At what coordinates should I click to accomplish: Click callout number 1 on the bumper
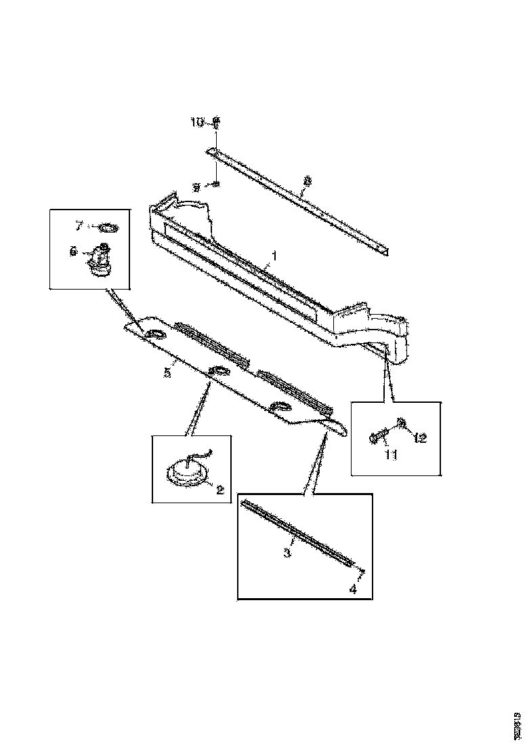[274, 256]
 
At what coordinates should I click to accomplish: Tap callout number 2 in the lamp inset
[219, 488]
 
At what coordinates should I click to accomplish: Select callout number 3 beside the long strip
[287, 553]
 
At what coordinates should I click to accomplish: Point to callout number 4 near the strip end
[352, 589]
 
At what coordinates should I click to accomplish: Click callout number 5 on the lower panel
[167, 372]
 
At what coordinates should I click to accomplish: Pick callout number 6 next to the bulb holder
[73, 252]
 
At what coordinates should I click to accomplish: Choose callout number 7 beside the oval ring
[79, 224]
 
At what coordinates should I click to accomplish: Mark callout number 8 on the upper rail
[308, 181]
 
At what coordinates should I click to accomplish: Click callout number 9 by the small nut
[196, 187]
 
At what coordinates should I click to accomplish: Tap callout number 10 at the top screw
[196, 122]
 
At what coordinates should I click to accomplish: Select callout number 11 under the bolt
[391, 454]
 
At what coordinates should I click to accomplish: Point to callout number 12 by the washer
[420, 437]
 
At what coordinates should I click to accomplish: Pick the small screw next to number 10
[215, 123]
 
